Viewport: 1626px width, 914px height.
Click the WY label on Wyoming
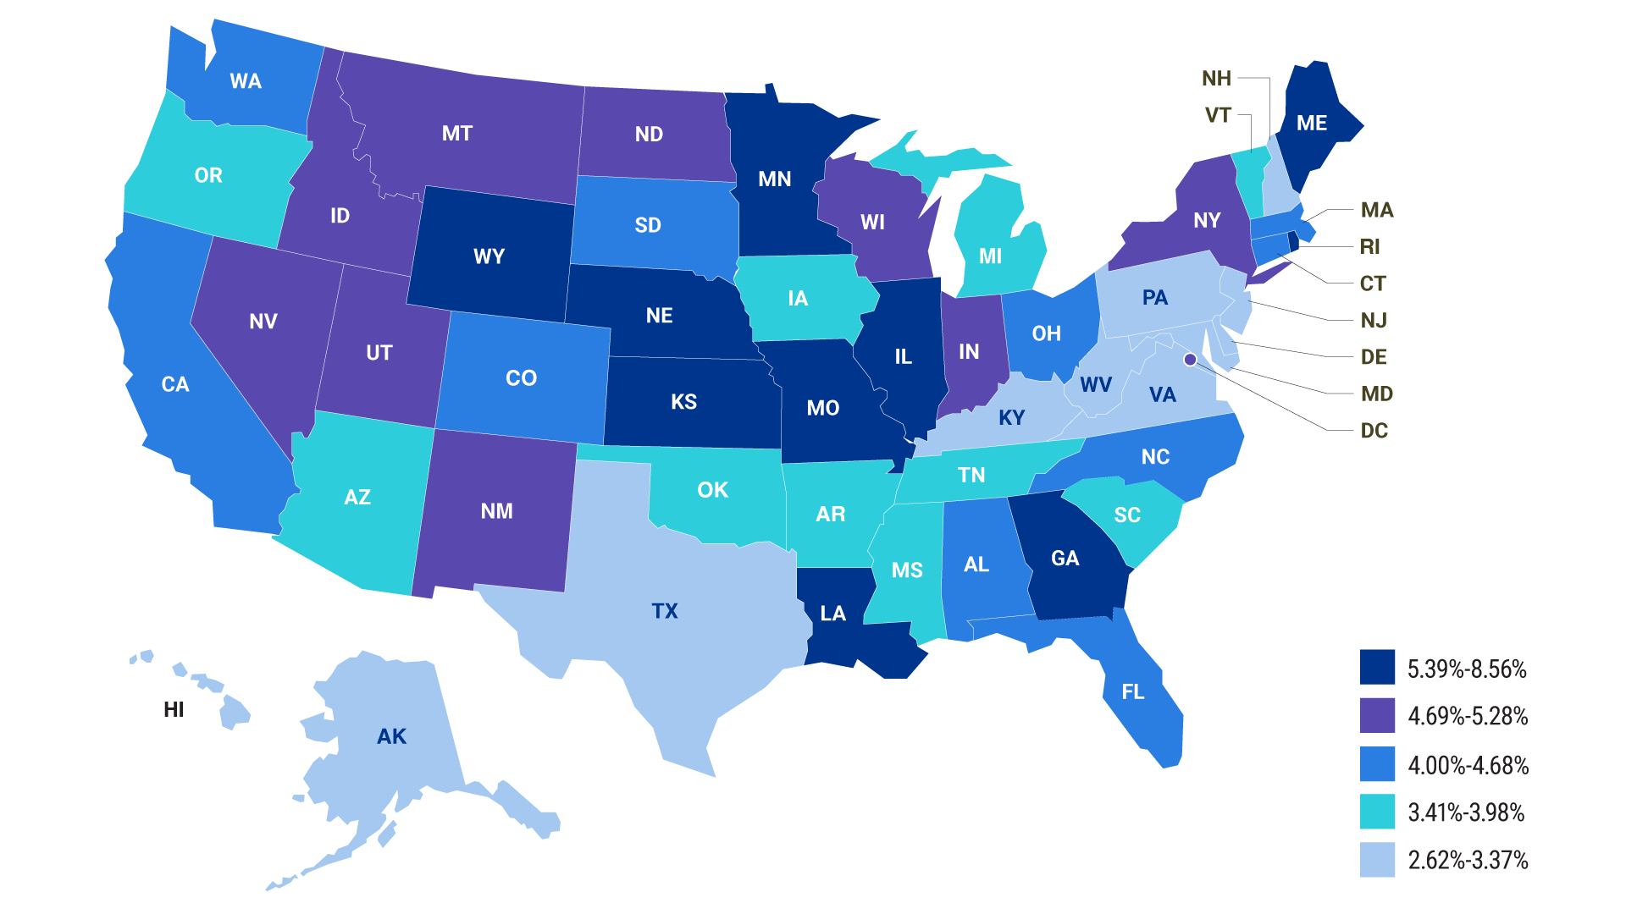[489, 256]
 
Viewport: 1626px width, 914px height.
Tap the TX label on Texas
[665, 611]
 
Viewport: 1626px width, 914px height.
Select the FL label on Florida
[1132, 691]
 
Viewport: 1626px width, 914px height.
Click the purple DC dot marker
[1190, 360]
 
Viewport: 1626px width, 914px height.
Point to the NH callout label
[1216, 79]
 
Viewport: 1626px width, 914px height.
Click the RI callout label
[1369, 247]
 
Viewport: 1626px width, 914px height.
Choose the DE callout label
[1374, 357]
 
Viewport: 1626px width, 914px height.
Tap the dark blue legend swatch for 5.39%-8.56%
[1377, 667]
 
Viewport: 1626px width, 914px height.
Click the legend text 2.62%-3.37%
[1468, 861]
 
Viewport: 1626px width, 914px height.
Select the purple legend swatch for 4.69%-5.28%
[1377, 715]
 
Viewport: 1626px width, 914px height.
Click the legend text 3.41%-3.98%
[1466, 812]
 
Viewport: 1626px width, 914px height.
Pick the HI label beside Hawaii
[174, 710]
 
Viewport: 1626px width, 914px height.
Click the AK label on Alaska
[391, 737]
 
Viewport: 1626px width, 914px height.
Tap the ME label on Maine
[1312, 124]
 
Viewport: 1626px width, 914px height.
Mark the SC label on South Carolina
[1127, 515]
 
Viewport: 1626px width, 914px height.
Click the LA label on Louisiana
[833, 614]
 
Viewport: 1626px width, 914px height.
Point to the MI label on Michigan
[990, 256]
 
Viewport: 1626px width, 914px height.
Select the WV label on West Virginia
[1096, 385]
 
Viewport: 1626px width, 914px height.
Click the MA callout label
[1377, 210]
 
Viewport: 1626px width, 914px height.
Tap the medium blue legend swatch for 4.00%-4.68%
[1377, 764]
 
